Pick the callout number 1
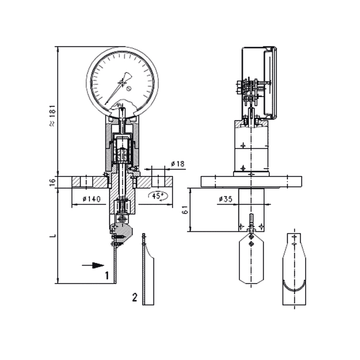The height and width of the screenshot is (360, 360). (107, 271)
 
